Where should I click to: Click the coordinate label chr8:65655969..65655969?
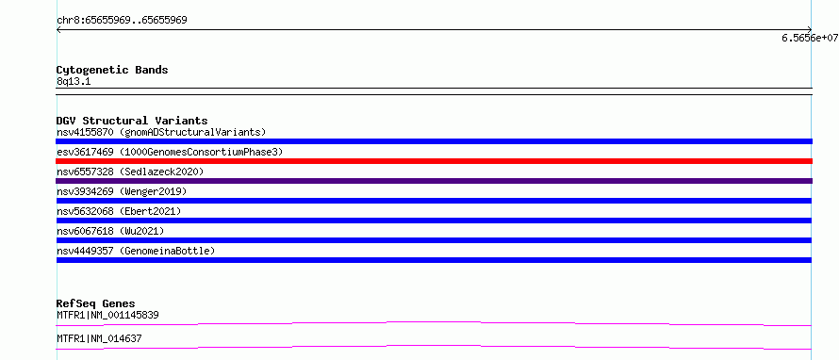pos(122,21)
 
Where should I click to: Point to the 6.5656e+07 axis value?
pos(810,38)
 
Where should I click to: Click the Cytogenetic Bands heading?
pos(112,70)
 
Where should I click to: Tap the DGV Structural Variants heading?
pos(132,121)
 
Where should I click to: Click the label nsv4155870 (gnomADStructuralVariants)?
pos(161,132)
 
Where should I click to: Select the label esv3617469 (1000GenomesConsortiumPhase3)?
pos(170,152)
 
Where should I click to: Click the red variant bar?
pos(434,161)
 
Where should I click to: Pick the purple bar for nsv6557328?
pos(434,181)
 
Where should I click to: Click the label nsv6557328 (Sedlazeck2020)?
pos(130,172)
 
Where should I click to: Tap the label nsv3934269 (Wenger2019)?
pos(122,191)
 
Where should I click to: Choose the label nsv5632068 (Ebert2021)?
pos(119,211)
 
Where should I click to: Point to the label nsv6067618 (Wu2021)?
pos(110,231)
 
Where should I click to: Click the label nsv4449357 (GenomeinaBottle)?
pos(136,251)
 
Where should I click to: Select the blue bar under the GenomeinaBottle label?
pos(434,260)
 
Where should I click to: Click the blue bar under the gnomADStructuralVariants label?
pos(434,141)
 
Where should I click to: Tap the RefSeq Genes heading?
pos(96,303)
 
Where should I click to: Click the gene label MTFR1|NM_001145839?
pos(107,315)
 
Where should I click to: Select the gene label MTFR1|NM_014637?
pos(99,338)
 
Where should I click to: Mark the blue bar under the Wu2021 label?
pos(434,240)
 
